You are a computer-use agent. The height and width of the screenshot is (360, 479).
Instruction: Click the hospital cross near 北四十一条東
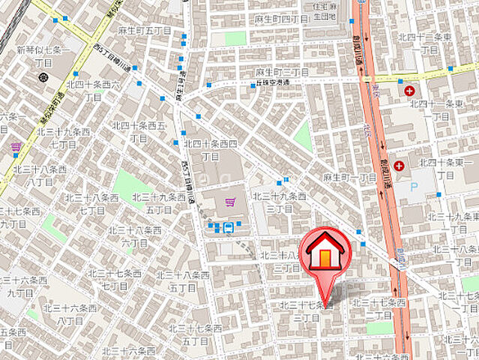point(409,91)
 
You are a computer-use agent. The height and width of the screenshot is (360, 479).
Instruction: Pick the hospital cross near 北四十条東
point(399,165)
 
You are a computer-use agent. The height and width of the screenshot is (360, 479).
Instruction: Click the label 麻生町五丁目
point(145,30)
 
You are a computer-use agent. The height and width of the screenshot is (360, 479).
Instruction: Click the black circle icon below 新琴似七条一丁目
point(43,76)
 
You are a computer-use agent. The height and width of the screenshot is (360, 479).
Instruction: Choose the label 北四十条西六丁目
point(94,91)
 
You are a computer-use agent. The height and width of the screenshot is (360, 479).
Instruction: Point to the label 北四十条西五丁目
point(139,131)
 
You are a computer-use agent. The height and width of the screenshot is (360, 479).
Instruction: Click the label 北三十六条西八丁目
point(70,313)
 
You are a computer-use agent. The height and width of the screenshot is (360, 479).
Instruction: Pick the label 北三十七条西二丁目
point(379,308)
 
